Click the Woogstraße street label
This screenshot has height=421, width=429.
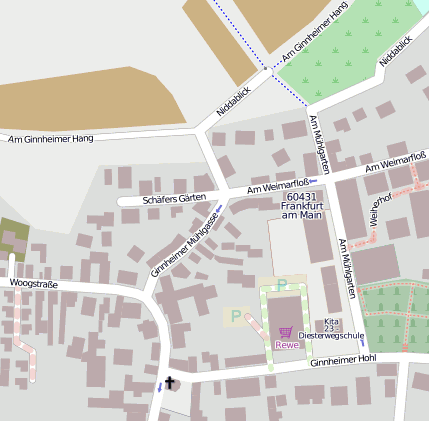[x=33, y=284]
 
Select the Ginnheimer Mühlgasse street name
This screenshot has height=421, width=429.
[x=184, y=243]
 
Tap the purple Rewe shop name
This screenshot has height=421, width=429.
[x=287, y=345]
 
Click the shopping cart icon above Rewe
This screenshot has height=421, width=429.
[x=287, y=331]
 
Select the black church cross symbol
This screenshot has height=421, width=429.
[x=170, y=382]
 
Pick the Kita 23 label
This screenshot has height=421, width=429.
[x=332, y=324]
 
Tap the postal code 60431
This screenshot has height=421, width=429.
[x=301, y=197]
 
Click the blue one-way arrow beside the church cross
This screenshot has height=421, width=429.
[x=158, y=386]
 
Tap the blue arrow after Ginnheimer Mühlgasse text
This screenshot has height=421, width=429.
[x=217, y=207]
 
